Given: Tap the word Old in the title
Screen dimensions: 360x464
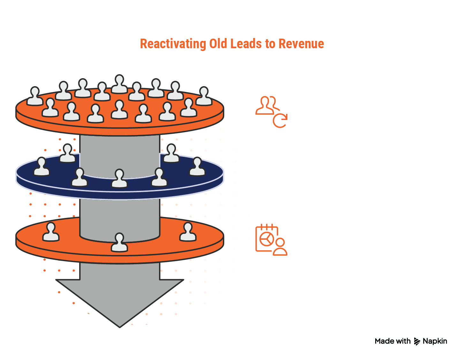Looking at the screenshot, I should [218, 44].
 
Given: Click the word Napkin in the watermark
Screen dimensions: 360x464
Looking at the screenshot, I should [435, 341].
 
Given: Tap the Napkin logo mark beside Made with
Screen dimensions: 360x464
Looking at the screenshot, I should [417, 341].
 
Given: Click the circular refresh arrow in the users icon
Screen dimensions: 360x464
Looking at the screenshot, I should [280, 121].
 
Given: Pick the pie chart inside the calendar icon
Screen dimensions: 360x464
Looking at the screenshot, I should [267, 239].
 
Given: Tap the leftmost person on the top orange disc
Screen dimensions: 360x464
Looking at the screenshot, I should [34, 96].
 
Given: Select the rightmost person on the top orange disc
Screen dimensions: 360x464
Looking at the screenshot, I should [203, 96].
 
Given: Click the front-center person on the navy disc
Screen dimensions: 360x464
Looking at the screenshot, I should [119, 179].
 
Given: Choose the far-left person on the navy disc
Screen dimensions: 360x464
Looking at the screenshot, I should [42, 167].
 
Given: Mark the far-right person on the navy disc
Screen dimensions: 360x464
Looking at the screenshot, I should [197, 167].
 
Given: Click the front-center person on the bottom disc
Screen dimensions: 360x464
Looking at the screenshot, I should [119, 243].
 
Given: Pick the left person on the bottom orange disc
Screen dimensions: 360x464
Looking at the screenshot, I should [51, 232].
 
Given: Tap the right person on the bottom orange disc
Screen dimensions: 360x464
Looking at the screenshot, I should [188, 232].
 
